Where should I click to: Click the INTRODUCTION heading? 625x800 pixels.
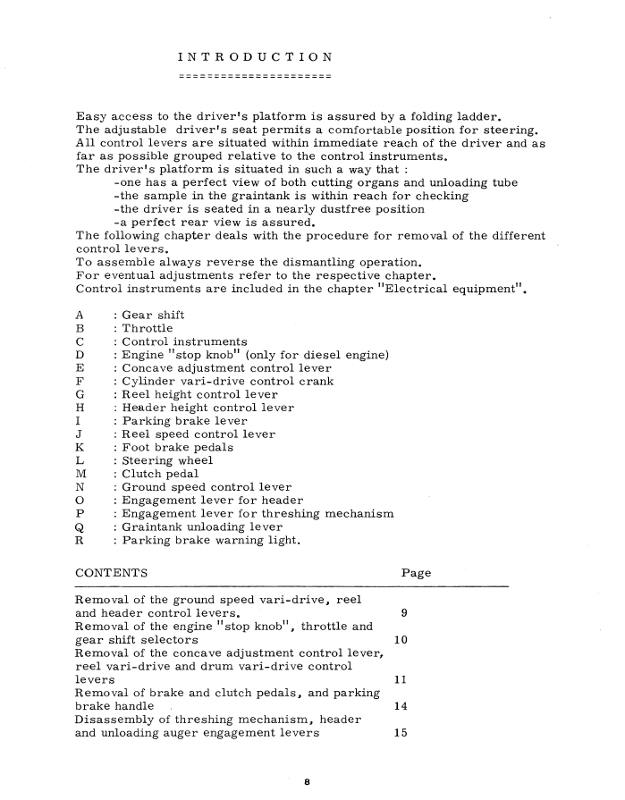(x=255, y=58)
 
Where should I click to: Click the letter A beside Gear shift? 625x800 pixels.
(x=80, y=316)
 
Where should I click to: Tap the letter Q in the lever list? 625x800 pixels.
(x=80, y=527)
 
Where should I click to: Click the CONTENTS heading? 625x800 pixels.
(x=112, y=572)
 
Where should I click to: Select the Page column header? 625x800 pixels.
(x=416, y=572)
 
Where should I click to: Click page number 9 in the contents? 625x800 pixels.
(x=405, y=614)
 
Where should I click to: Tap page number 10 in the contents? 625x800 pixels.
(x=401, y=641)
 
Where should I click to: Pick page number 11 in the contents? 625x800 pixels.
(x=401, y=680)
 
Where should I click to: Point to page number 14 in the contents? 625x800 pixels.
(x=401, y=707)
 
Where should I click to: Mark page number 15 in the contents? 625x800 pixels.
(x=401, y=734)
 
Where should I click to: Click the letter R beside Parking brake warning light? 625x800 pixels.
(x=80, y=541)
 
